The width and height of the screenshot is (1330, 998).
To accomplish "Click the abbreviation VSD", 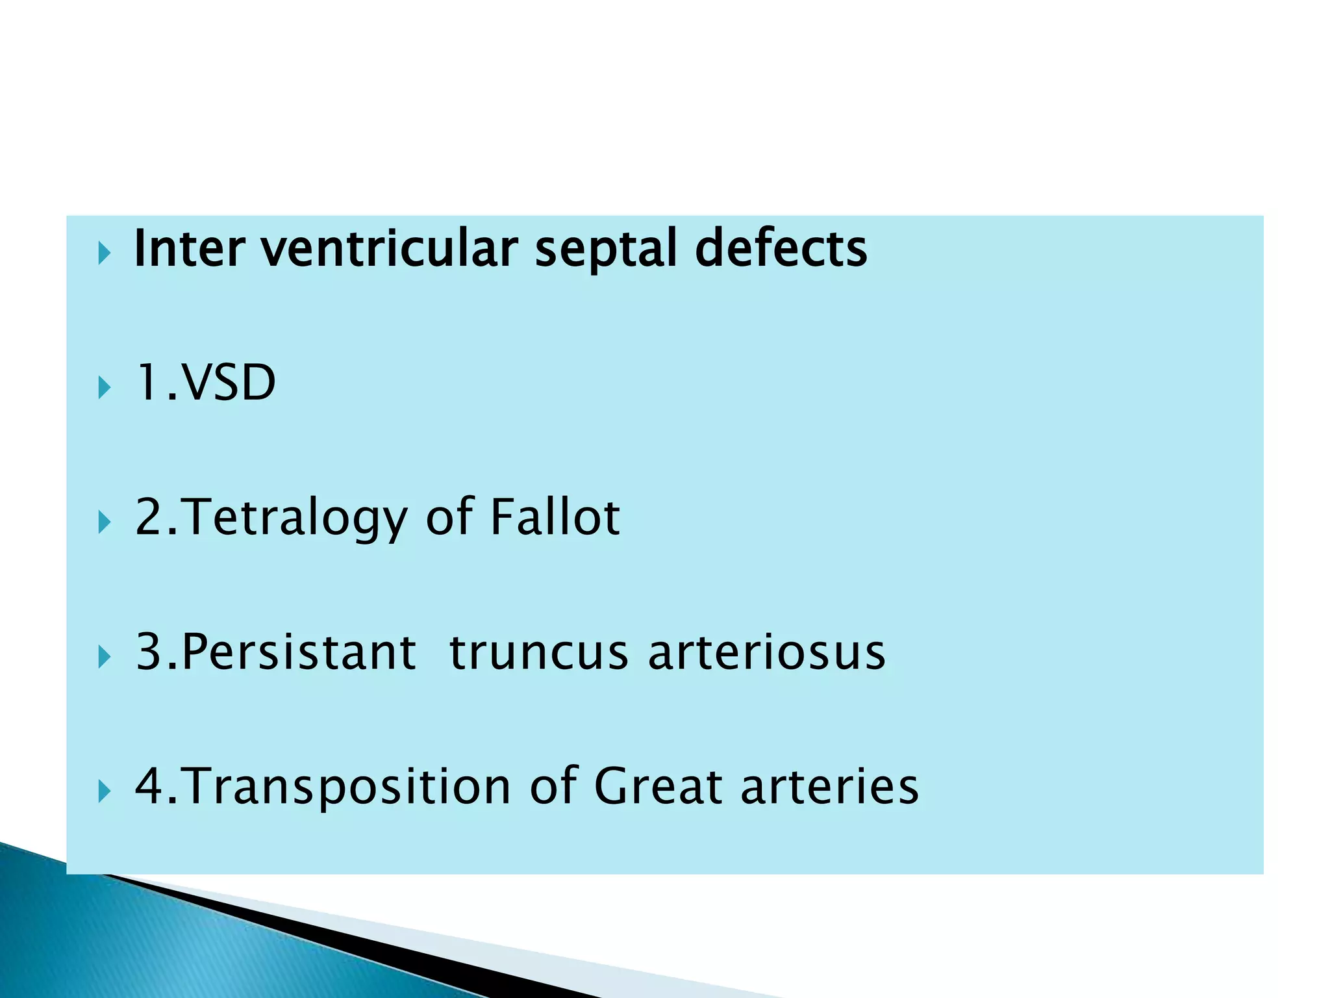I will [x=229, y=383].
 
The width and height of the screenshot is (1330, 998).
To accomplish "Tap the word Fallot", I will [x=555, y=518].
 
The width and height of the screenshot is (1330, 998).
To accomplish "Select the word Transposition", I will [x=348, y=786].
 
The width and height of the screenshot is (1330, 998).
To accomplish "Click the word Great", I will [x=658, y=786].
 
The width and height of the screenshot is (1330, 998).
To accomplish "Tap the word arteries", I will [x=829, y=786].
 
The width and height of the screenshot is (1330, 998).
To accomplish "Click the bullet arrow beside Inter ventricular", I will [x=104, y=253].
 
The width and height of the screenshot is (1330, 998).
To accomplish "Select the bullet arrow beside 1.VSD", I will [x=104, y=388].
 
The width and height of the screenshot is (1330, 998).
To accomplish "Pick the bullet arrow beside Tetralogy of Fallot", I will [x=104, y=522].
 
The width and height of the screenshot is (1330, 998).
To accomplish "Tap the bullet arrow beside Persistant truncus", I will [x=104, y=657].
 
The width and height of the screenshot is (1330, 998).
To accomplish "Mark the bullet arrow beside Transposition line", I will [x=104, y=791].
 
